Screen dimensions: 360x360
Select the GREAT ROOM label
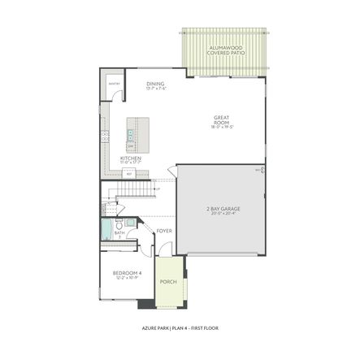tap(223, 119)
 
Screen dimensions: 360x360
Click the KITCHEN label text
tap(132, 158)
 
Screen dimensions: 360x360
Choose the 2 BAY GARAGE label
tap(223, 209)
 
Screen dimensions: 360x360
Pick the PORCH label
tap(167, 282)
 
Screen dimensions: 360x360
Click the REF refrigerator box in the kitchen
tap(128, 173)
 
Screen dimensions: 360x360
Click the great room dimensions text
tap(223, 127)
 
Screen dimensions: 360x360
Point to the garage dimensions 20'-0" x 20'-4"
tap(223, 215)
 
